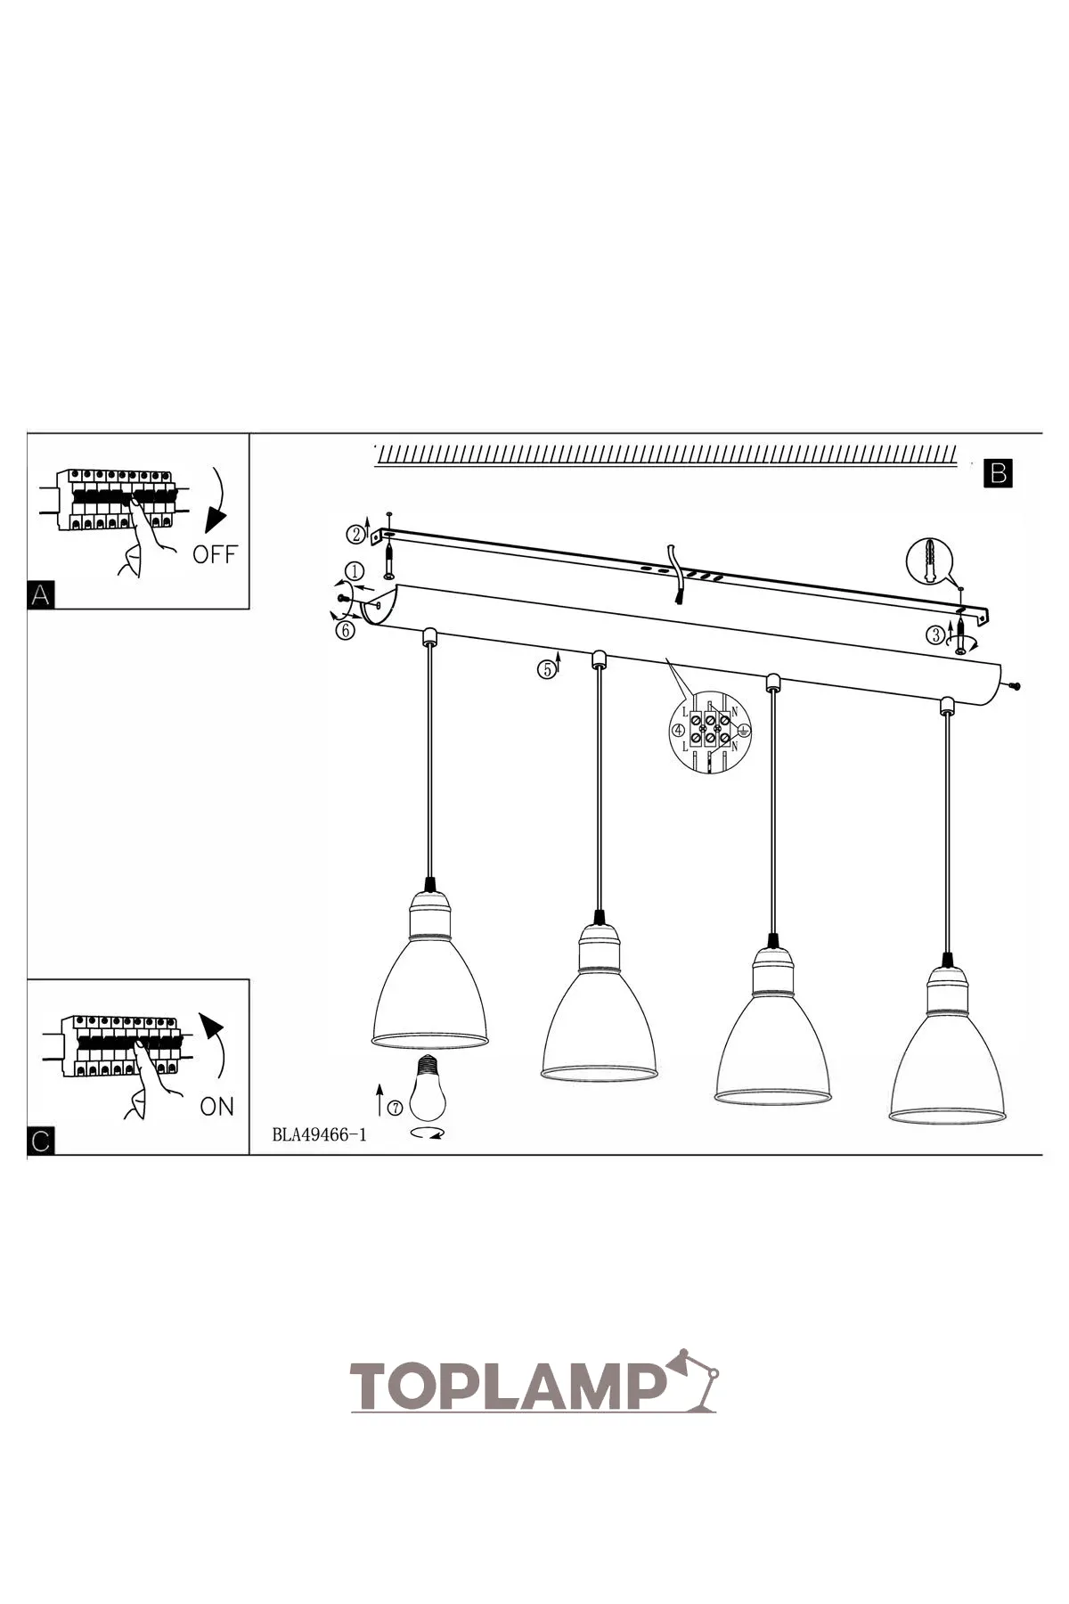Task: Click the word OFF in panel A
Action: coord(215,554)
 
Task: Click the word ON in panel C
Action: coord(216,1107)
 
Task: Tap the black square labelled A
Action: coord(40,595)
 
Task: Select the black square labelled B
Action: coord(999,472)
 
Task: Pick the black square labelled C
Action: coord(40,1142)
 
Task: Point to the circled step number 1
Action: coord(354,571)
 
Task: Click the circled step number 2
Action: coord(356,535)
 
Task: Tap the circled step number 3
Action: coord(935,634)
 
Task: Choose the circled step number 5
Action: coord(545,669)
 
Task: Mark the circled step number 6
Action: coord(346,631)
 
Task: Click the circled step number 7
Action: coord(395,1108)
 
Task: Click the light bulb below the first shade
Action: coord(428,1089)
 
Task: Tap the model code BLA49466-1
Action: coord(319,1134)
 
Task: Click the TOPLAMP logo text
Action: coord(509,1386)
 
